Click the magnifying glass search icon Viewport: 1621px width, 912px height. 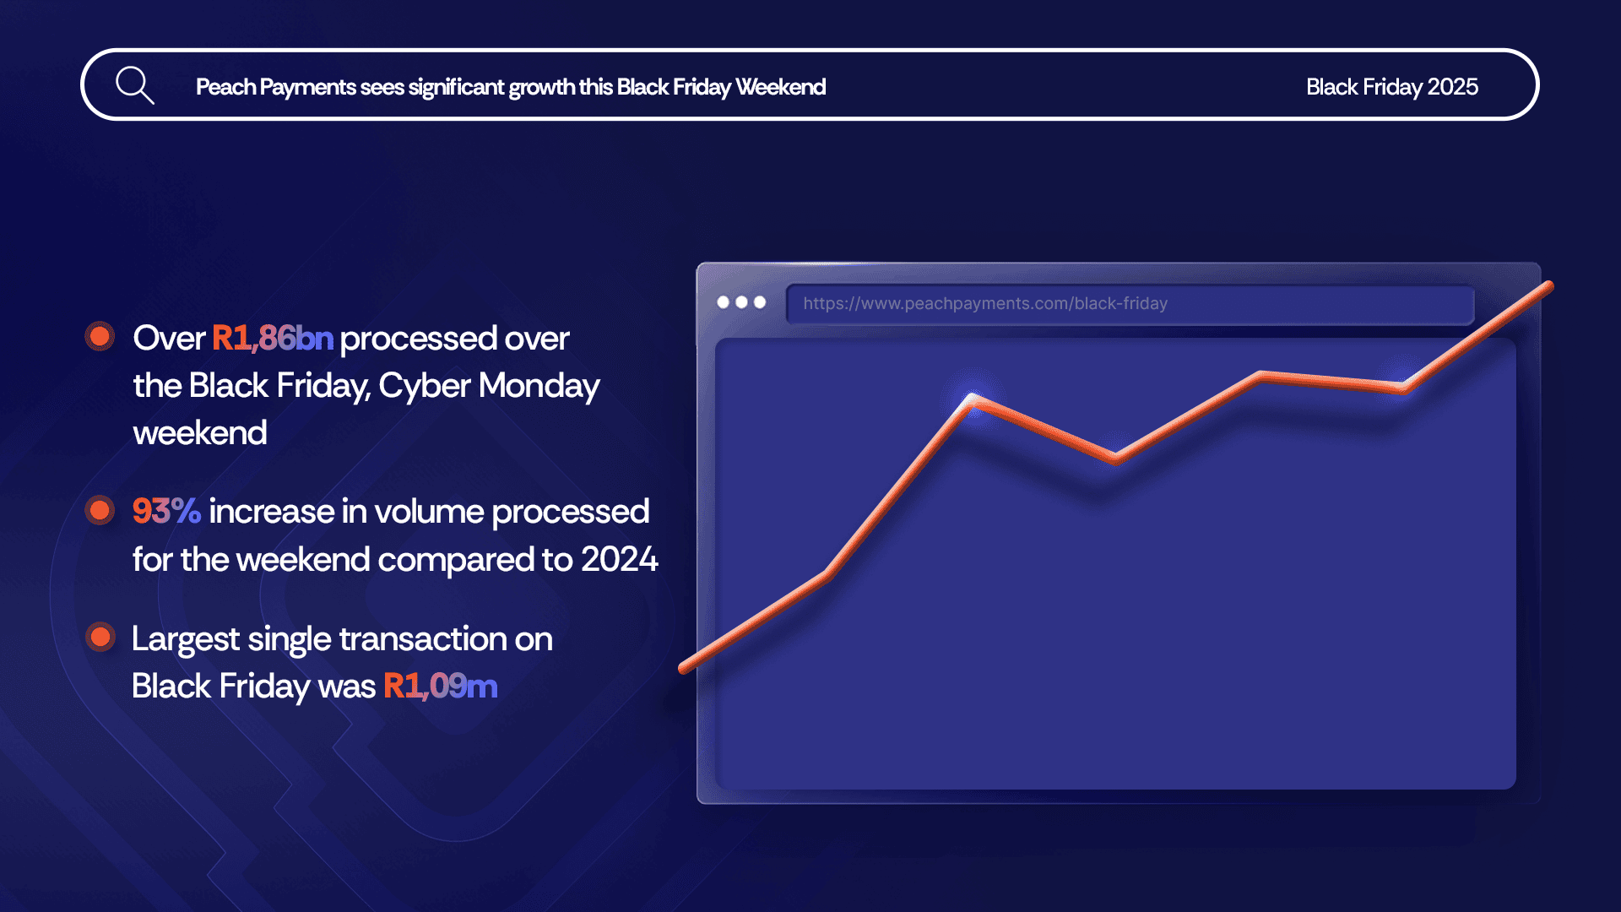point(135,85)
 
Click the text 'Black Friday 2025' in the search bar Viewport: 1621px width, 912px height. point(1392,87)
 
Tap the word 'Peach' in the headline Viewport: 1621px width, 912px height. point(225,87)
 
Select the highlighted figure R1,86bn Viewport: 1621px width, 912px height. point(273,338)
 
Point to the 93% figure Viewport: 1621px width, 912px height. point(166,511)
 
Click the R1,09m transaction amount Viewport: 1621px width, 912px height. point(441,686)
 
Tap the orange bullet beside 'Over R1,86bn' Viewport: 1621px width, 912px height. point(100,336)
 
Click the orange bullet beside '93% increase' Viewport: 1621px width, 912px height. point(100,510)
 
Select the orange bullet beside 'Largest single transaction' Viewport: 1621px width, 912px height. point(100,637)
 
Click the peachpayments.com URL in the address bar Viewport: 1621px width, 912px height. point(985,303)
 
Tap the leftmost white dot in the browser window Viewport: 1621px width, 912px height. point(723,302)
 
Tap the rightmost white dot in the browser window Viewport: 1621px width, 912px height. point(760,302)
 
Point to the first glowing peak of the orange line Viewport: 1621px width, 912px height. point(973,398)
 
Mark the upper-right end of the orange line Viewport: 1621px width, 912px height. point(1549,285)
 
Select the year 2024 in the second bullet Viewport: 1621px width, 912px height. point(619,559)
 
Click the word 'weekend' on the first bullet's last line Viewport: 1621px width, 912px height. point(200,433)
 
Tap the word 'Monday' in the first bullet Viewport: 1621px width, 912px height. point(539,386)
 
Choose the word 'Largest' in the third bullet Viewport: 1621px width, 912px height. point(186,639)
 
